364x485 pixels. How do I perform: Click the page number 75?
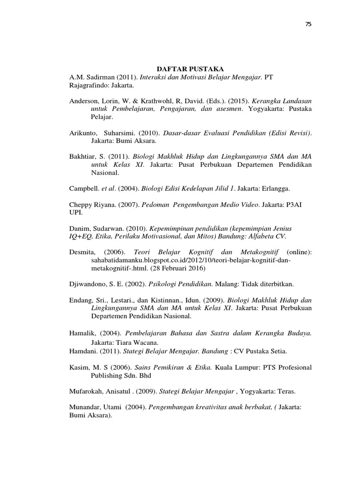coord(308,24)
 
